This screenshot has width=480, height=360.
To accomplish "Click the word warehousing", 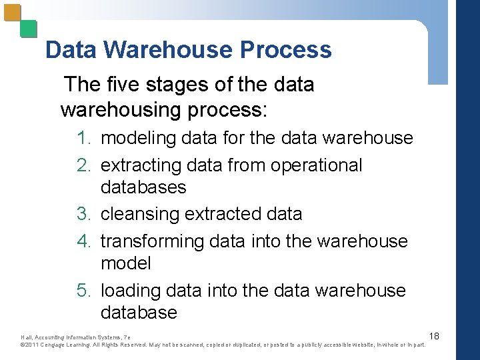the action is coord(115,109).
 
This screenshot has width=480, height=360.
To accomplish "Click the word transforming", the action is coord(152,241).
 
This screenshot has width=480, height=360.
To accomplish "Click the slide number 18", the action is coord(434,335).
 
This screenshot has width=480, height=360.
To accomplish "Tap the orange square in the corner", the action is coord(13,13).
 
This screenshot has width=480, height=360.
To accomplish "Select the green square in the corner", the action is coord(28,29).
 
